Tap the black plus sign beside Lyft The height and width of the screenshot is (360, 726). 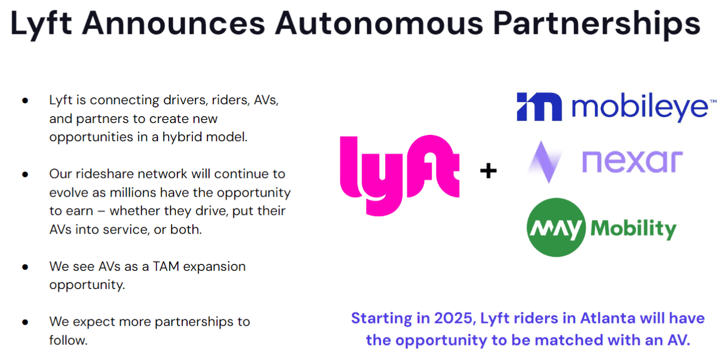488,171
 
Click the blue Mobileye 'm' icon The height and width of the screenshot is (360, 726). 539,107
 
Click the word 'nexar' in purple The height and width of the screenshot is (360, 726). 632,162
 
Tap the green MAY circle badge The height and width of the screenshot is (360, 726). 556,228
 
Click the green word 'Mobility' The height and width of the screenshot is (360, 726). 634,229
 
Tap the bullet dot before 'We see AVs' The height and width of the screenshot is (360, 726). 25,267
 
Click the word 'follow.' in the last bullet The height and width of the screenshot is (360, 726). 68,340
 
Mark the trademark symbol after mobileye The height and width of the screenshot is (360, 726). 713,101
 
